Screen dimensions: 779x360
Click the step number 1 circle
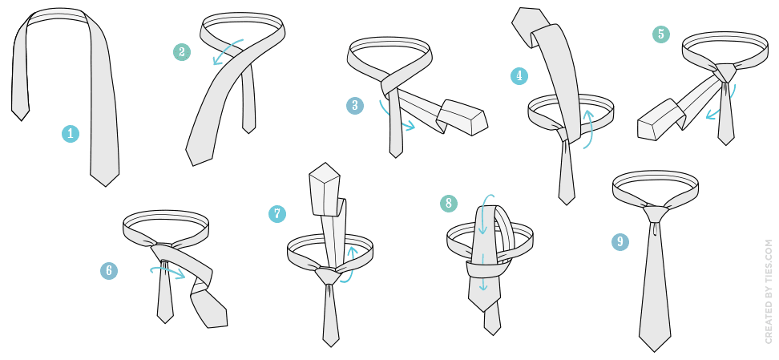[x=71, y=134]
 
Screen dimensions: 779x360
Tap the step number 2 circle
[x=182, y=52]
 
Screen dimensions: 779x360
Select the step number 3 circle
[x=355, y=105]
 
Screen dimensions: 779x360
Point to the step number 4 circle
[x=519, y=76]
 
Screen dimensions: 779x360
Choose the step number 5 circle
[x=660, y=34]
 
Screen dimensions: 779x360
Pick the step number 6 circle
[x=109, y=270]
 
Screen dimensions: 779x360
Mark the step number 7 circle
[x=277, y=214]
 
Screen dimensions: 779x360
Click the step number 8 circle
[x=449, y=204]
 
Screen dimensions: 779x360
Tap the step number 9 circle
[x=620, y=241]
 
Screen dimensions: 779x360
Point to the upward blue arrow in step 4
[x=589, y=128]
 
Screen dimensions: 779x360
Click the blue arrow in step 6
[x=168, y=270]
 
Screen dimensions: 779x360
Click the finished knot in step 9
[x=656, y=212]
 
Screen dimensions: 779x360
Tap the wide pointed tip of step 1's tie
[x=105, y=187]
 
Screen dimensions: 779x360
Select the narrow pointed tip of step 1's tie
[x=21, y=119]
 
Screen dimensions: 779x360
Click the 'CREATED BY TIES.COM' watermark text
[x=769, y=292]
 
